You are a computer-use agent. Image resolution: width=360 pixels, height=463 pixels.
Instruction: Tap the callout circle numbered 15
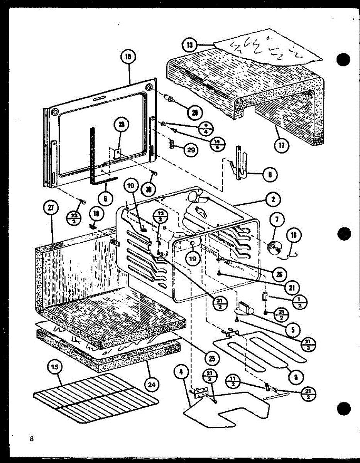[x=55, y=368]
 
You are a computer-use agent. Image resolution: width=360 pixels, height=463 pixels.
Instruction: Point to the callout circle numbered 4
[x=181, y=373]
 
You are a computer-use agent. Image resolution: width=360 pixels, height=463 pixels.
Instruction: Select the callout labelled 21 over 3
[x=307, y=344]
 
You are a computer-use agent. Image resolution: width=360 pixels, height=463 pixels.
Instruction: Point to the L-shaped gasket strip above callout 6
[x=96, y=158]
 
